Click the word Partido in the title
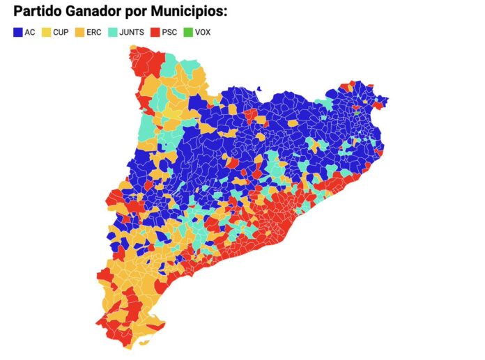point(40,12)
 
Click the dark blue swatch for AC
point(17,32)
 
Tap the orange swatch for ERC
point(80,32)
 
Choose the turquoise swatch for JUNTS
point(113,32)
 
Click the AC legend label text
point(29,32)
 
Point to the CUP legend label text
point(61,32)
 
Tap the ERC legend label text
point(94,32)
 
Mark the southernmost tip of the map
point(144,344)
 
